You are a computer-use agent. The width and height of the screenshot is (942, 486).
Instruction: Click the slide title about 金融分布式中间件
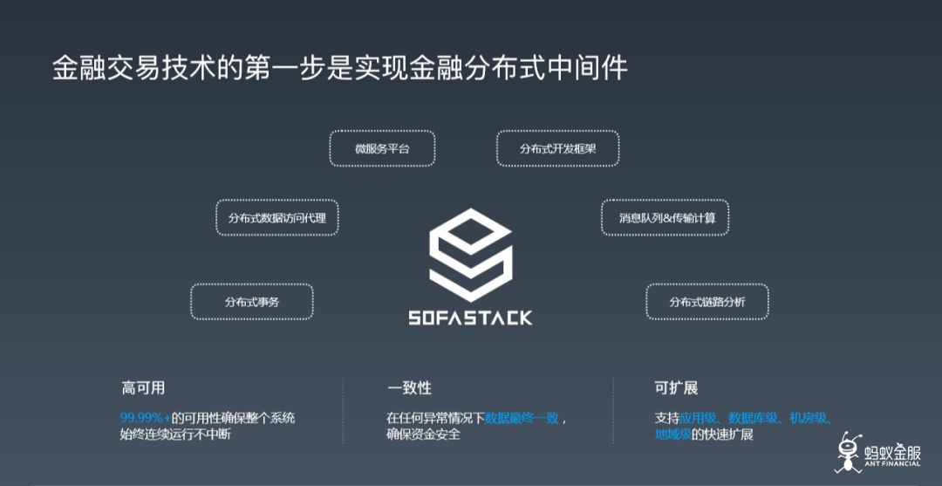coord(340,68)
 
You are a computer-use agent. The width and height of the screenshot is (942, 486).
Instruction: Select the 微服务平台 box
coord(382,149)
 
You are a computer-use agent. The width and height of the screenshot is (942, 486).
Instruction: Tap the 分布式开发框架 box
coord(558,149)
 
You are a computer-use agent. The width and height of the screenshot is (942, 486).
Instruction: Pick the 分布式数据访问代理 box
coord(277,217)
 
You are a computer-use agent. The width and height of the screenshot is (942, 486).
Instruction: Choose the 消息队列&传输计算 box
coord(665,217)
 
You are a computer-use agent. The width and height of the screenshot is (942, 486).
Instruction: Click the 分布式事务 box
coord(252,302)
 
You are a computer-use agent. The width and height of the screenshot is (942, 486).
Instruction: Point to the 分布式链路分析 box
coord(707,302)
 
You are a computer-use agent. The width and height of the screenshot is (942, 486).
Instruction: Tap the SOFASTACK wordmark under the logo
coord(470,318)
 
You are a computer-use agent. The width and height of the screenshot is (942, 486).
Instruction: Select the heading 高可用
coord(143,387)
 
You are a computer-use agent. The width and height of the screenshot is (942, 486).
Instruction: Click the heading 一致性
coord(409,387)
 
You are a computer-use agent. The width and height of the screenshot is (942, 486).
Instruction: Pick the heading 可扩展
coord(676,387)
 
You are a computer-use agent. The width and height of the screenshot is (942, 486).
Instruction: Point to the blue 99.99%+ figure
coord(146,418)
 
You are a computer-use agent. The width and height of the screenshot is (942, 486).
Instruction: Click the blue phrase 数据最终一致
coord(522,418)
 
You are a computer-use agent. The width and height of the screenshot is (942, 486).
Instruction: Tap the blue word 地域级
coord(672,435)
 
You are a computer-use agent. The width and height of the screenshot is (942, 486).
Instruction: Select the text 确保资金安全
coord(423,435)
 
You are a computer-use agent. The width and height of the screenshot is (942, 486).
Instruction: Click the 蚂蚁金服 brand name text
coord(890,453)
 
